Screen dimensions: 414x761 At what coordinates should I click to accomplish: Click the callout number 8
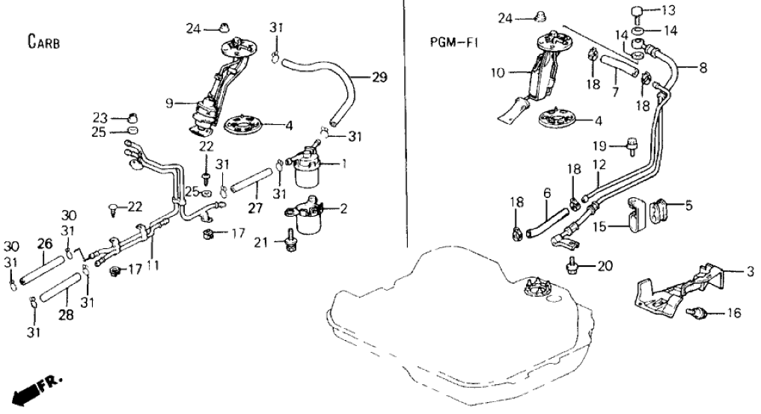[x=703, y=68]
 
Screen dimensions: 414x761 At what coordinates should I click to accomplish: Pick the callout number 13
[x=668, y=10]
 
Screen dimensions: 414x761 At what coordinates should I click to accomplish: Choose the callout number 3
[x=751, y=271]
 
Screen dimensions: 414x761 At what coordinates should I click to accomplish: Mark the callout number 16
[x=734, y=314]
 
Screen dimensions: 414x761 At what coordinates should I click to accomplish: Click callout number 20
[x=605, y=265]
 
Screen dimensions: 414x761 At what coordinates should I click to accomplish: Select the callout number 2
[x=343, y=210]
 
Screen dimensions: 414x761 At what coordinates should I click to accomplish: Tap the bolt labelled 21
[x=289, y=245]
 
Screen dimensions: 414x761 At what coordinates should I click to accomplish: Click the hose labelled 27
[x=248, y=184]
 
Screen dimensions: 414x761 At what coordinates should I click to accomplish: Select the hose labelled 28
[x=64, y=288]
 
